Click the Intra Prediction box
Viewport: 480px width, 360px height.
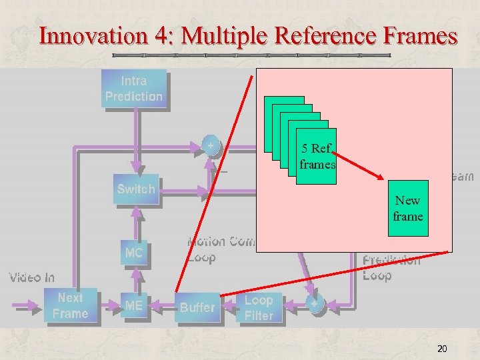pyautogui.click(x=133, y=88)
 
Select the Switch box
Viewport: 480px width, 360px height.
pyautogui.click(x=135, y=189)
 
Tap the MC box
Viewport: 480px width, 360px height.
pyautogui.click(x=134, y=253)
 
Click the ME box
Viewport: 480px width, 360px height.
pyautogui.click(x=134, y=306)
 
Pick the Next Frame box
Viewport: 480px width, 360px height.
pyautogui.click(x=70, y=306)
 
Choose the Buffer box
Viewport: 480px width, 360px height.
pyautogui.click(x=197, y=307)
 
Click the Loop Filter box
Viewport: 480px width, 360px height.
pyautogui.click(x=259, y=308)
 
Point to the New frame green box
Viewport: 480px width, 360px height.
pyautogui.click(x=407, y=208)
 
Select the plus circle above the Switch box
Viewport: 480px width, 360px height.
pyautogui.click(x=211, y=145)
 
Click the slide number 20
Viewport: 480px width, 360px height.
pyautogui.click(x=441, y=349)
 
